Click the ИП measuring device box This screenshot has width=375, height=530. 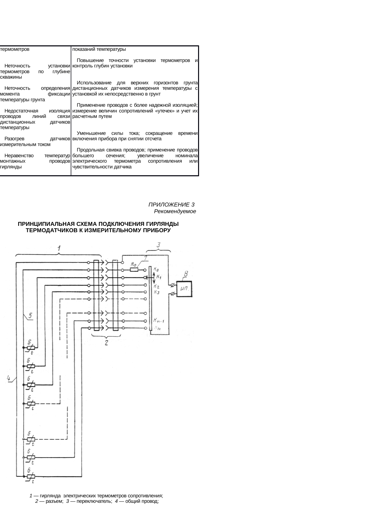[x=184, y=289]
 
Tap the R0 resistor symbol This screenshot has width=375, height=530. [x=134, y=270]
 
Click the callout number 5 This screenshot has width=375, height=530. [x=31, y=316]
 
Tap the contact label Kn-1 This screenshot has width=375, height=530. [x=158, y=320]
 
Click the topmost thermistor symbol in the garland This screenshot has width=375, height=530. [x=31, y=348]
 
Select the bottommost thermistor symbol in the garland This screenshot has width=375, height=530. [x=31, y=476]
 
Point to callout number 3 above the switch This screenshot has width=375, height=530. [x=158, y=245]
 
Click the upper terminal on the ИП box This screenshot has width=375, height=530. [x=173, y=285]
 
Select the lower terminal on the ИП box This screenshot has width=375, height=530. [x=173, y=294]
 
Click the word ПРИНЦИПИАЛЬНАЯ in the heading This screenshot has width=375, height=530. [x=46, y=224]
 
